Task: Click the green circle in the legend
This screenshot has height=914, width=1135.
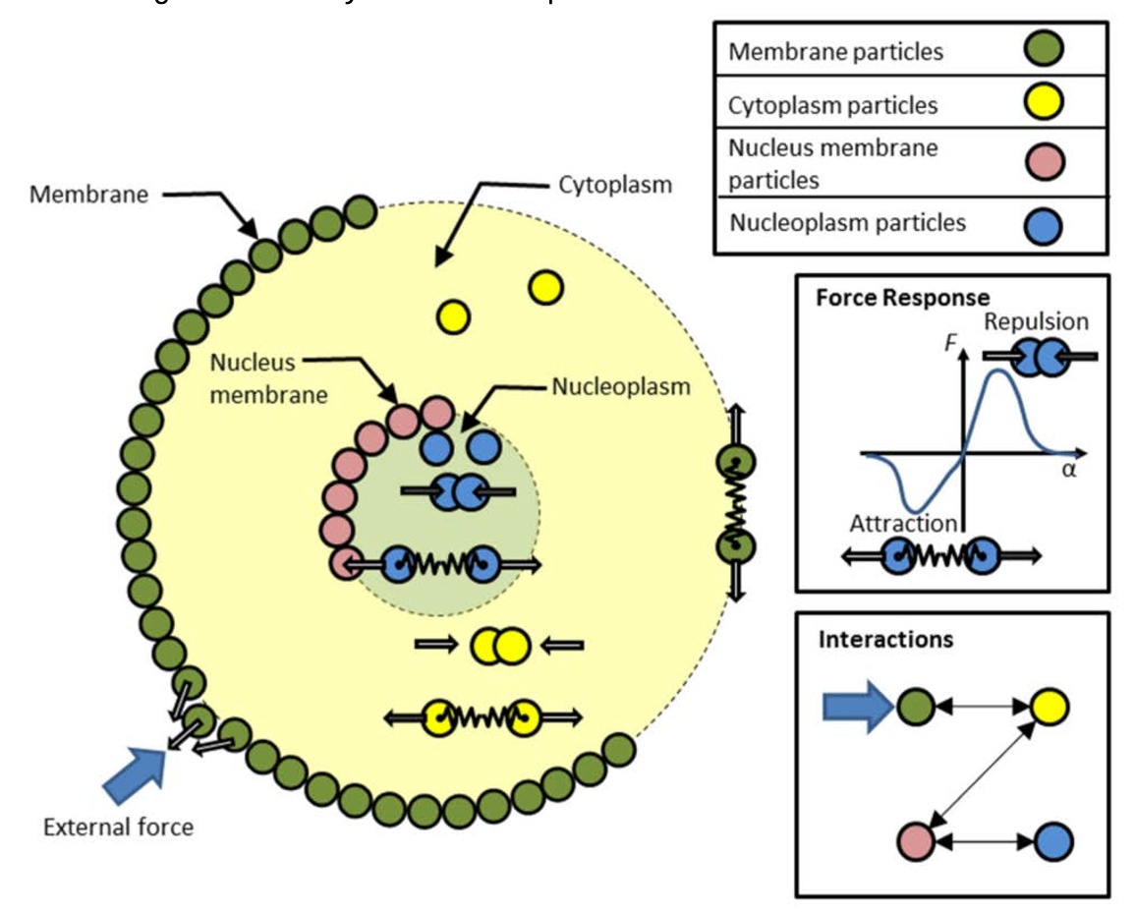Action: click(x=1045, y=48)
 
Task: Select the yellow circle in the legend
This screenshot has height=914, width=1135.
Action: click(x=1045, y=103)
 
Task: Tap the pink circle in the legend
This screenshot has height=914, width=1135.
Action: click(x=1045, y=162)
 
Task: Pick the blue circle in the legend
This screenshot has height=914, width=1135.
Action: click(x=1045, y=223)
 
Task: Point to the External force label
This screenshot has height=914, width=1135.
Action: click(x=118, y=827)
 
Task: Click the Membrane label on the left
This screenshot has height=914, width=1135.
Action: click(x=89, y=194)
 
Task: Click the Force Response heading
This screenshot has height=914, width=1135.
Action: click(x=902, y=297)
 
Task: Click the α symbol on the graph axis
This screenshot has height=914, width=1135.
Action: click(x=1069, y=469)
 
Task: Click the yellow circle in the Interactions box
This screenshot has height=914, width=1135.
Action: click(x=1049, y=706)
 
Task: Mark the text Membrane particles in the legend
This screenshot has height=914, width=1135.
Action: click(x=835, y=51)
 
